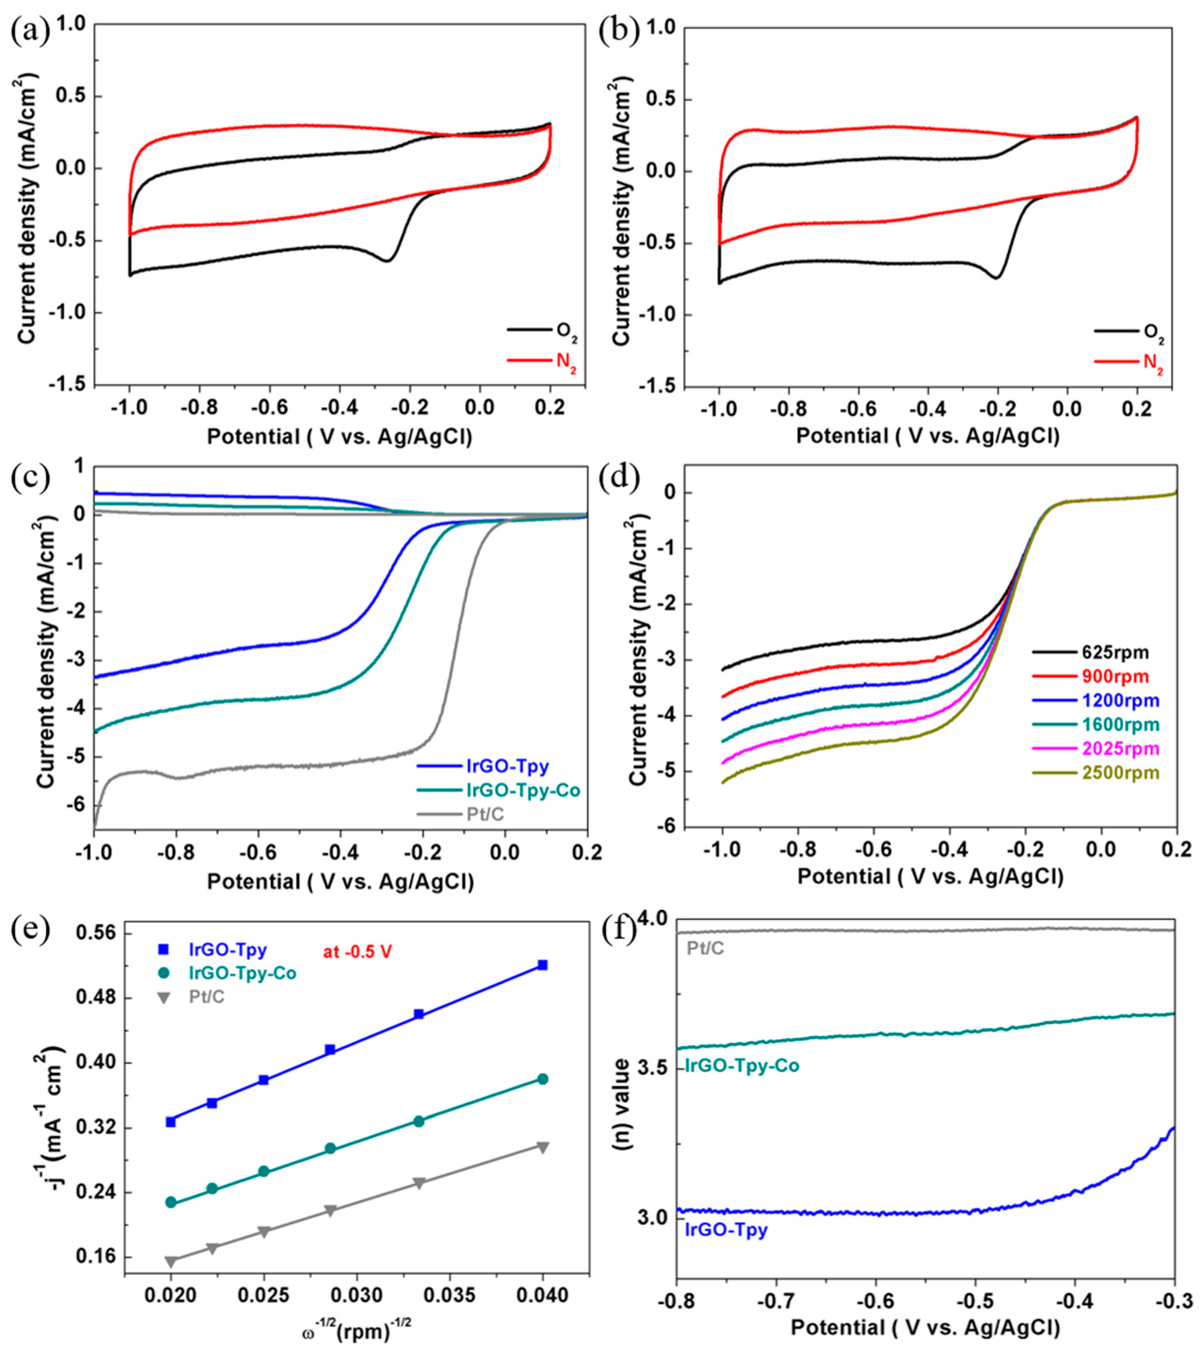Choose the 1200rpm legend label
pos(1121,700)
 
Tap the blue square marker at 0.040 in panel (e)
pos(543,965)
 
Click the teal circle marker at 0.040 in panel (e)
pos(543,1079)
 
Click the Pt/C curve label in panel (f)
pos(706,949)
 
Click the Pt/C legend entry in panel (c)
pos(485,814)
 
